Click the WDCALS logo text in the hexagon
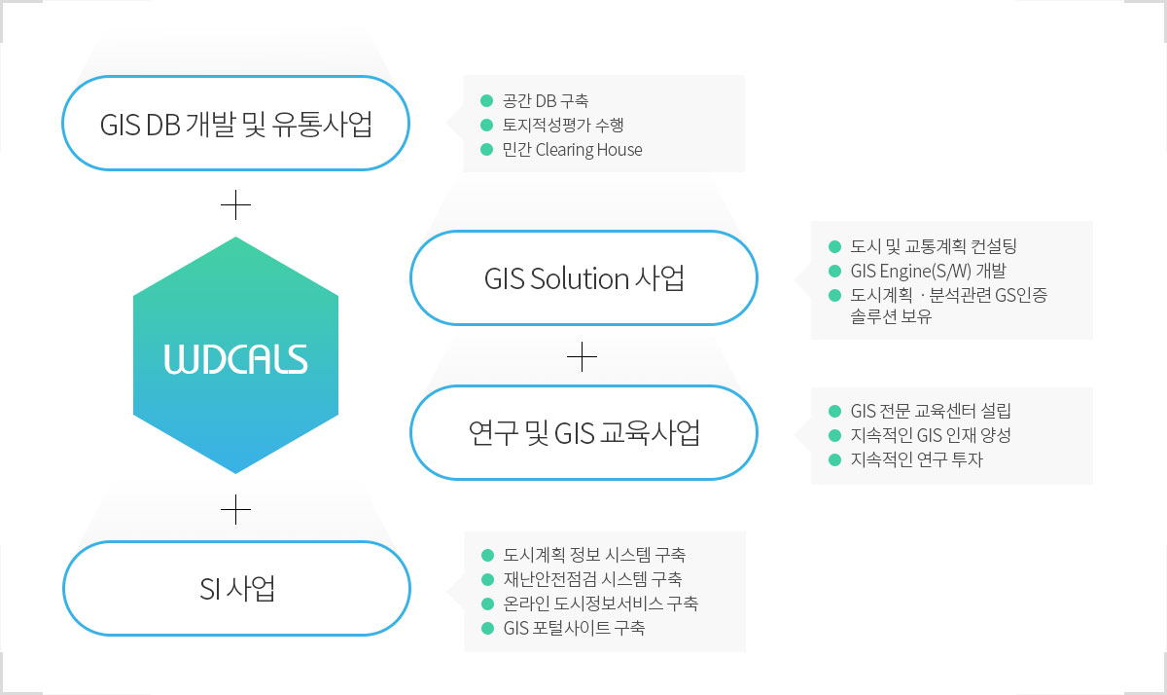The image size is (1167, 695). click(x=236, y=359)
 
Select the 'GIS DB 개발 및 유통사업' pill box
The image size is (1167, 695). click(x=236, y=123)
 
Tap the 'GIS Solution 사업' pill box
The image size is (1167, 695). click(x=584, y=277)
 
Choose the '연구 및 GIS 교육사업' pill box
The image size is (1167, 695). click(x=584, y=433)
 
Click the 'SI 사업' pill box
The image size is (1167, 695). click(x=237, y=588)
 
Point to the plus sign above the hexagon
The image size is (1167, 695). click(x=236, y=205)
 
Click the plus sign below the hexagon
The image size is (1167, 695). click(x=236, y=509)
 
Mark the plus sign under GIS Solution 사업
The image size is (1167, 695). click(x=582, y=357)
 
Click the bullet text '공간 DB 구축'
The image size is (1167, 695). click(x=546, y=100)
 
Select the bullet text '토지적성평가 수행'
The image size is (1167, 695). click(x=563, y=126)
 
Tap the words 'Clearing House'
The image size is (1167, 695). click(x=588, y=150)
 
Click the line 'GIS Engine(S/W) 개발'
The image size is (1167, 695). click(x=929, y=272)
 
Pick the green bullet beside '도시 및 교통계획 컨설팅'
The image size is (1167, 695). click(x=834, y=246)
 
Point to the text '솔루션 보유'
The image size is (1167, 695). click(x=891, y=316)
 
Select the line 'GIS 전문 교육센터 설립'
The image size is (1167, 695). click(x=931, y=411)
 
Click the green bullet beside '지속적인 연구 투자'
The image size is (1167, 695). click(x=834, y=459)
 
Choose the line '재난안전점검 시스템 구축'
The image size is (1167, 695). click(x=593, y=579)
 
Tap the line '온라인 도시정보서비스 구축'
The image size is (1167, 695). click(x=601, y=604)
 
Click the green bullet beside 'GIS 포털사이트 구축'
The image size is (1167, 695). click(x=487, y=628)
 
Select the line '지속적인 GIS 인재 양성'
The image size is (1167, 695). click(x=931, y=435)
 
